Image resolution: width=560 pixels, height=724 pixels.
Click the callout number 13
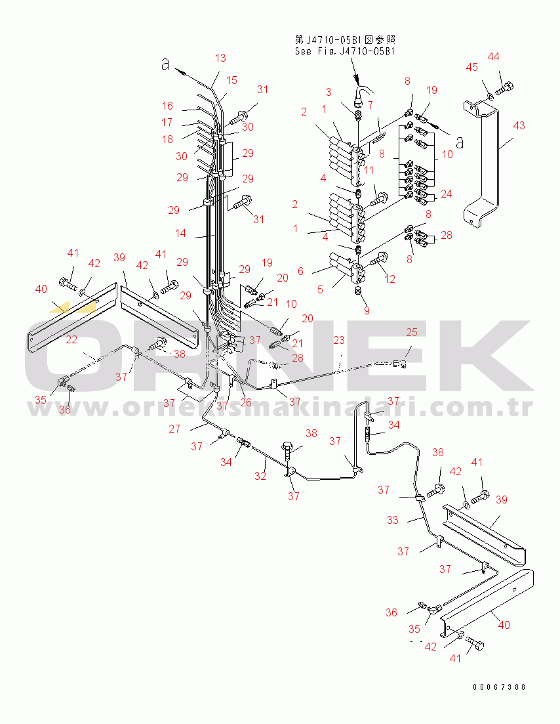click(x=220, y=58)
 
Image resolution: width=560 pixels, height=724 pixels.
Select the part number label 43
click(x=519, y=125)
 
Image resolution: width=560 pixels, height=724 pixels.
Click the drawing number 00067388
click(x=499, y=687)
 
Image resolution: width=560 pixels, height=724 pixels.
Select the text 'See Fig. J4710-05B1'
click(x=345, y=51)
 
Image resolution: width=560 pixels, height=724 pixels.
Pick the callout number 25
click(x=411, y=332)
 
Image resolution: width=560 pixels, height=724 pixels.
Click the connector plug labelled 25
click(x=399, y=365)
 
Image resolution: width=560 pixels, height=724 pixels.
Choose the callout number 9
click(x=367, y=310)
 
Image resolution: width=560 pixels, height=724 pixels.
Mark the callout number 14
click(x=180, y=233)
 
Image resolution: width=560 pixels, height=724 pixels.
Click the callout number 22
click(x=71, y=339)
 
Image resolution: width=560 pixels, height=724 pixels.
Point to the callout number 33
click(x=393, y=520)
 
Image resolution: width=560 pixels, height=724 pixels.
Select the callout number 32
click(x=260, y=476)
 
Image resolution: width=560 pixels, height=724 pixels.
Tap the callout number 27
click(x=174, y=429)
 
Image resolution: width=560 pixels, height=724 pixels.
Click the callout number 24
click(x=447, y=194)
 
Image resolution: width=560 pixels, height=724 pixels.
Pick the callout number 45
click(x=471, y=68)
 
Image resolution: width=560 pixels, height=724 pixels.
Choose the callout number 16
click(x=167, y=106)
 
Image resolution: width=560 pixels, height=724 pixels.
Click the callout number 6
click(x=300, y=271)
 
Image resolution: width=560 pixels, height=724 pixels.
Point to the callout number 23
click(x=339, y=340)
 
